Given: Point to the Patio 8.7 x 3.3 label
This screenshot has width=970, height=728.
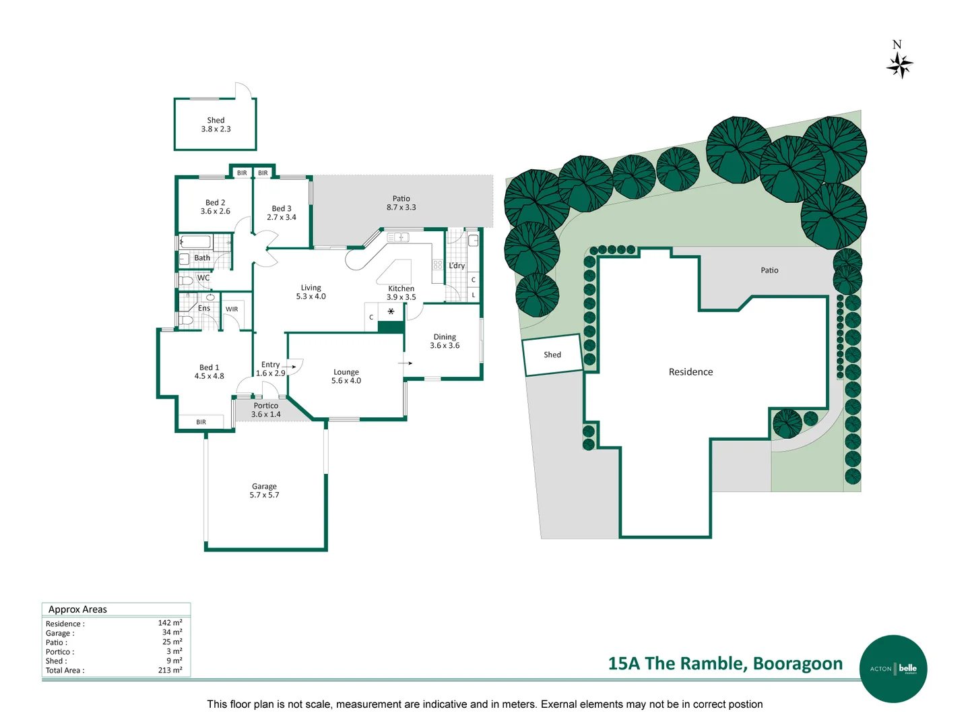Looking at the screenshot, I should point(401,203).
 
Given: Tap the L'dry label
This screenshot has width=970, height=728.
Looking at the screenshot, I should point(457,266).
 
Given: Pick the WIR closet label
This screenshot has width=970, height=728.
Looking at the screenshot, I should point(232,309).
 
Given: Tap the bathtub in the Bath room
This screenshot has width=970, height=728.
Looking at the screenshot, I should point(197,242).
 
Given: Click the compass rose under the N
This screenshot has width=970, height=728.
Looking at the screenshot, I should point(900,66).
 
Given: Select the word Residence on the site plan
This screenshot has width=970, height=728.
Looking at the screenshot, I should point(690,372).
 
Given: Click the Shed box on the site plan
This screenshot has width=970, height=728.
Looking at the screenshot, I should point(552,355).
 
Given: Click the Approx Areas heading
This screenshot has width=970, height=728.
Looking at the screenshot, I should point(77,609).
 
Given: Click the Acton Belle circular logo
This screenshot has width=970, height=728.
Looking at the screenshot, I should point(893,669).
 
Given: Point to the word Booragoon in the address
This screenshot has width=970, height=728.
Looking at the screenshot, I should point(798,663).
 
